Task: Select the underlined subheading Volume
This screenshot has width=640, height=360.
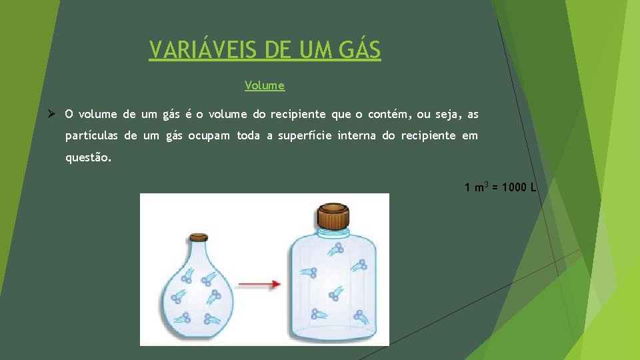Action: pos(265,85)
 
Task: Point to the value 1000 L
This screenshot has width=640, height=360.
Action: pos(519,187)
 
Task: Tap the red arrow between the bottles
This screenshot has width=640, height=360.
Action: pos(259,285)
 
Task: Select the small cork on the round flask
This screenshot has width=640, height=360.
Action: pos(198,237)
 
